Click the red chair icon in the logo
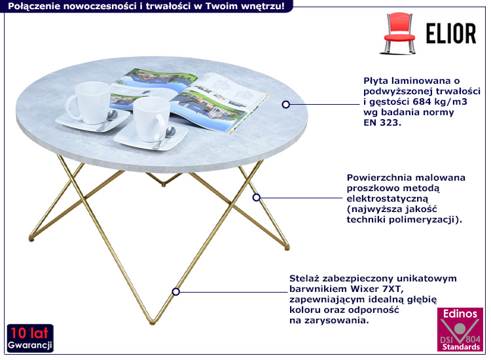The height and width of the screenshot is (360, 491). (x=399, y=33)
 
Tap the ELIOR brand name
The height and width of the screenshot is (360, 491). (x=451, y=33)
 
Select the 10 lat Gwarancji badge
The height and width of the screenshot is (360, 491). (x=30, y=338)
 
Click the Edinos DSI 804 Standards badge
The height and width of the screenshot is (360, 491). (x=460, y=329)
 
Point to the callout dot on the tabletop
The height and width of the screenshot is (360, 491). (x=285, y=104)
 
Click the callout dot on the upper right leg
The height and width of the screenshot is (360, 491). (x=257, y=198)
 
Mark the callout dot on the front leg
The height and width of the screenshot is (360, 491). (x=175, y=292)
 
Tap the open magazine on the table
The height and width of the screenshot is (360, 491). (x=189, y=99)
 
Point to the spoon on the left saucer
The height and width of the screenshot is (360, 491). (x=109, y=119)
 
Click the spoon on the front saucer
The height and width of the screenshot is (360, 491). (x=165, y=137)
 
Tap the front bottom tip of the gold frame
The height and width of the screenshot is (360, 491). (x=153, y=322)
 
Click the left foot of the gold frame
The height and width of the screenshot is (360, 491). (x=31, y=240)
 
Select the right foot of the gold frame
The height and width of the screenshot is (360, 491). (x=287, y=248)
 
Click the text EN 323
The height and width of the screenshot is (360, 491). (x=382, y=122)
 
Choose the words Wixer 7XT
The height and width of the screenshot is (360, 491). (x=377, y=289)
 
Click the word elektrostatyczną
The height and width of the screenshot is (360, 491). (x=387, y=199)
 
